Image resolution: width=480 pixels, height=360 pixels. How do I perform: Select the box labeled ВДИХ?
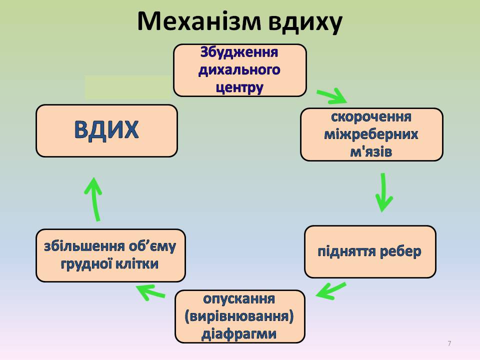pyautogui.click(x=106, y=130)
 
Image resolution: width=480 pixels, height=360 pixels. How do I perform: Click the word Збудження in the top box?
pyautogui.click(x=239, y=52)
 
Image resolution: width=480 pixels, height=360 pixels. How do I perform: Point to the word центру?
pyautogui.click(x=239, y=87)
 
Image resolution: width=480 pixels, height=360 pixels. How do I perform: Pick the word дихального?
pyautogui.click(x=239, y=69)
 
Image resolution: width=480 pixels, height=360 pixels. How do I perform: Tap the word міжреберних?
pyautogui.click(x=371, y=134)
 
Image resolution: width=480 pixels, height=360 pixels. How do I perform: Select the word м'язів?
pyautogui.click(x=371, y=151)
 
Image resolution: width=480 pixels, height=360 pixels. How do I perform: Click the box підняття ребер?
pyautogui.click(x=370, y=251)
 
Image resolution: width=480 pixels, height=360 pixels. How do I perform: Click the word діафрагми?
pyautogui.click(x=239, y=333)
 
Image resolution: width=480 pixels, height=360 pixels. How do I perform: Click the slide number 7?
pyautogui.click(x=449, y=343)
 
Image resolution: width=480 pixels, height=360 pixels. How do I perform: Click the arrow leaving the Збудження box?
pyautogui.click(x=330, y=95)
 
